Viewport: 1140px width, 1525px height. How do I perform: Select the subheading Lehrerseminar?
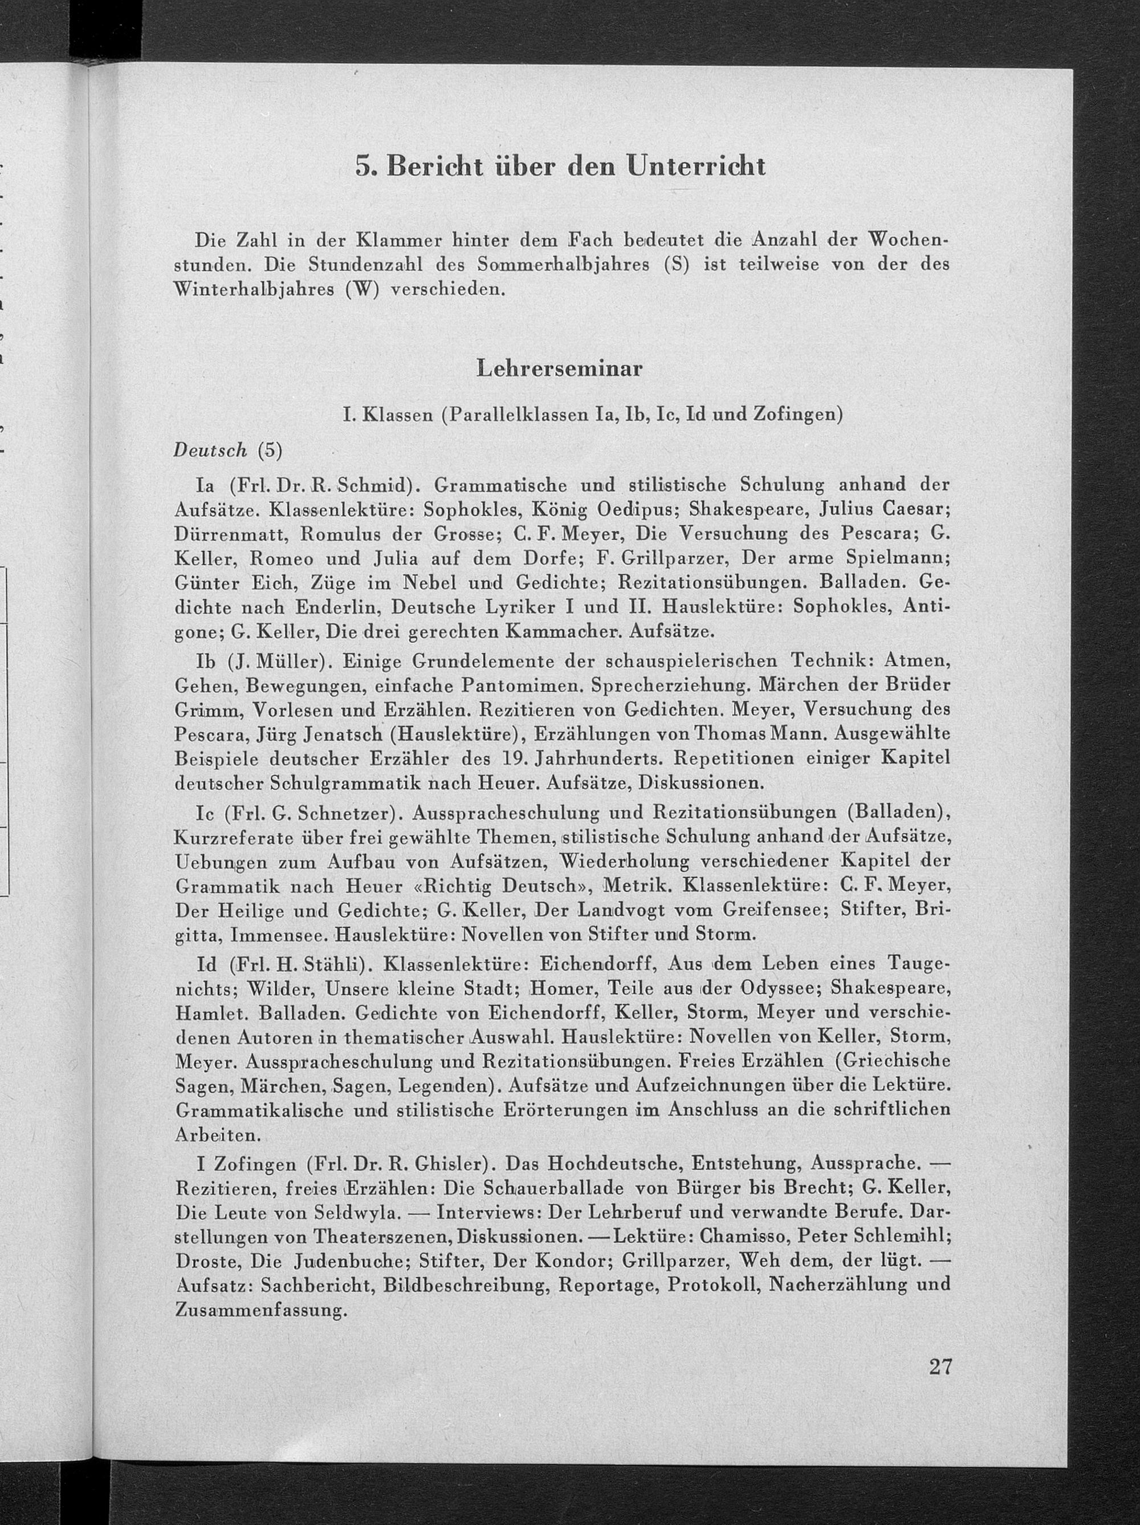click(x=560, y=369)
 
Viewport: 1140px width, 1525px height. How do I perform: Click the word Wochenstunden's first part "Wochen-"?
click(x=908, y=241)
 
